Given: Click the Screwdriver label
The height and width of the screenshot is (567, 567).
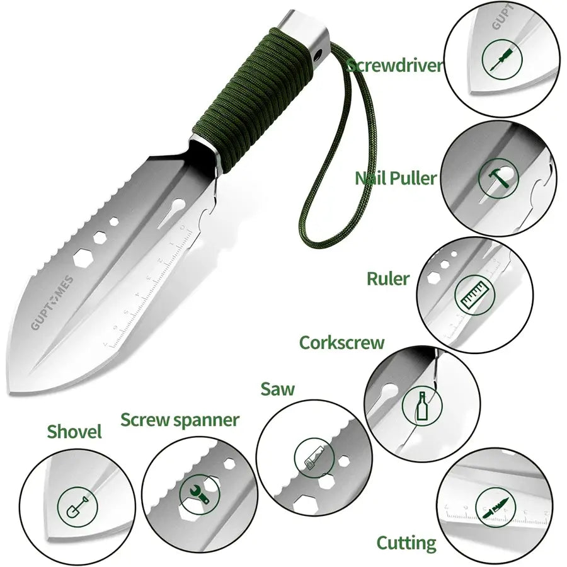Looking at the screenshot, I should [x=395, y=66].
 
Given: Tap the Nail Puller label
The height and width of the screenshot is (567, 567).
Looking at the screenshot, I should [x=395, y=178].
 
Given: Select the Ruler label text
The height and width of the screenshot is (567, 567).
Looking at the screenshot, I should [x=388, y=278].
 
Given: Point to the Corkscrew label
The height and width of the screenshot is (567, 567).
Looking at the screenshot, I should [x=341, y=343].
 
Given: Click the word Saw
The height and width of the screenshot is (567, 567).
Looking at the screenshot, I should [x=278, y=389].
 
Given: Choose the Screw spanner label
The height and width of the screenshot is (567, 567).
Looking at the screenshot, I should [x=180, y=420].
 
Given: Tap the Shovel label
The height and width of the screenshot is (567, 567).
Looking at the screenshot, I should [x=74, y=432].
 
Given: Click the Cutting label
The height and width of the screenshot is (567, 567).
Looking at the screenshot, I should [x=406, y=542].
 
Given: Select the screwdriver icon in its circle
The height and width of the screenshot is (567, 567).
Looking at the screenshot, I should [x=497, y=60].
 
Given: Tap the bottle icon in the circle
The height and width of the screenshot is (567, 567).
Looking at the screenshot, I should [x=423, y=407].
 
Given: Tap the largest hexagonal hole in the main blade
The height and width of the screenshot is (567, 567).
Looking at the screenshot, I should [x=83, y=259].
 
